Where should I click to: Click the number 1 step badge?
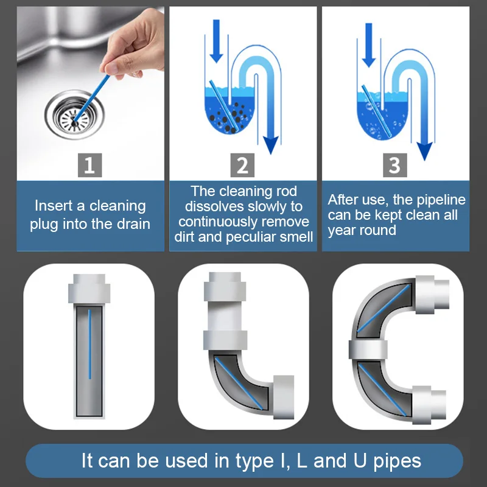[x=89, y=165]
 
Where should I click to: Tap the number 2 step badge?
[x=242, y=165]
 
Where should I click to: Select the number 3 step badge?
[x=394, y=165]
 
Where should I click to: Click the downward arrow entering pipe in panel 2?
[x=216, y=41]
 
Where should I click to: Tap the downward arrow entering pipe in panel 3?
[x=369, y=45]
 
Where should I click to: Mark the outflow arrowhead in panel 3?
[x=424, y=151]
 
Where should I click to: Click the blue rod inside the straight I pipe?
[x=89, y=344]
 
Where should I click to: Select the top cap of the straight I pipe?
[x=89, y=288]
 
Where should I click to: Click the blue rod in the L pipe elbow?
[x=239, y=384]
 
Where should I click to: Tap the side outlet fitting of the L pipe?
[x=284, y=398]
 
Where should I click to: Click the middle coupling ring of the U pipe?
[x=368, y=349]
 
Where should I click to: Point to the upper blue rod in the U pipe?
[x=384, y=308]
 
